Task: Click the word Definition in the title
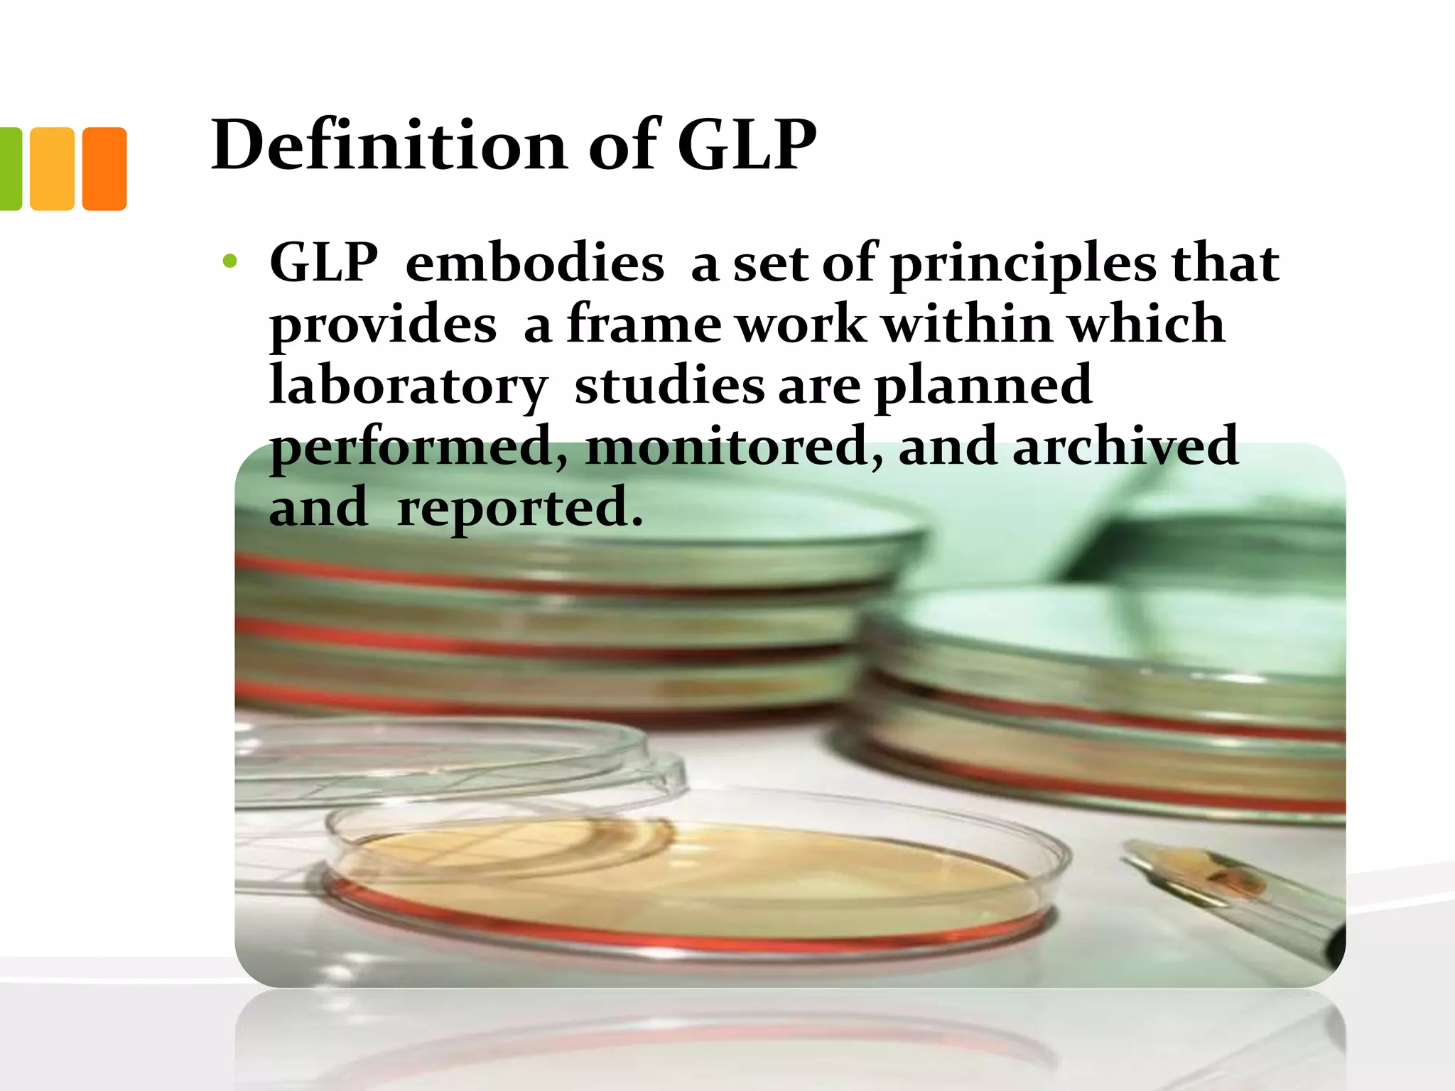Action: pyautogui.click(x=389, y=146)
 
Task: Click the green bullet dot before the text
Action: pyautogui.click(x=229, y=262)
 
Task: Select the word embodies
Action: pyautogui.click(x=534, y=263)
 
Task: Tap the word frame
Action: pyautogui.click(x=644, y=324)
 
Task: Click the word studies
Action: pyautogui.click(x=669, y=385)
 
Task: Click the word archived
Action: pyautogui.click(x=1125, y=446)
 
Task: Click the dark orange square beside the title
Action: pyautogui.click(x=104, y=169)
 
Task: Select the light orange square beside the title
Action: pyautogui.click(x=53, y=169)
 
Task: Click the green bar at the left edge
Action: pyautogui.click(x=10, y=169)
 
